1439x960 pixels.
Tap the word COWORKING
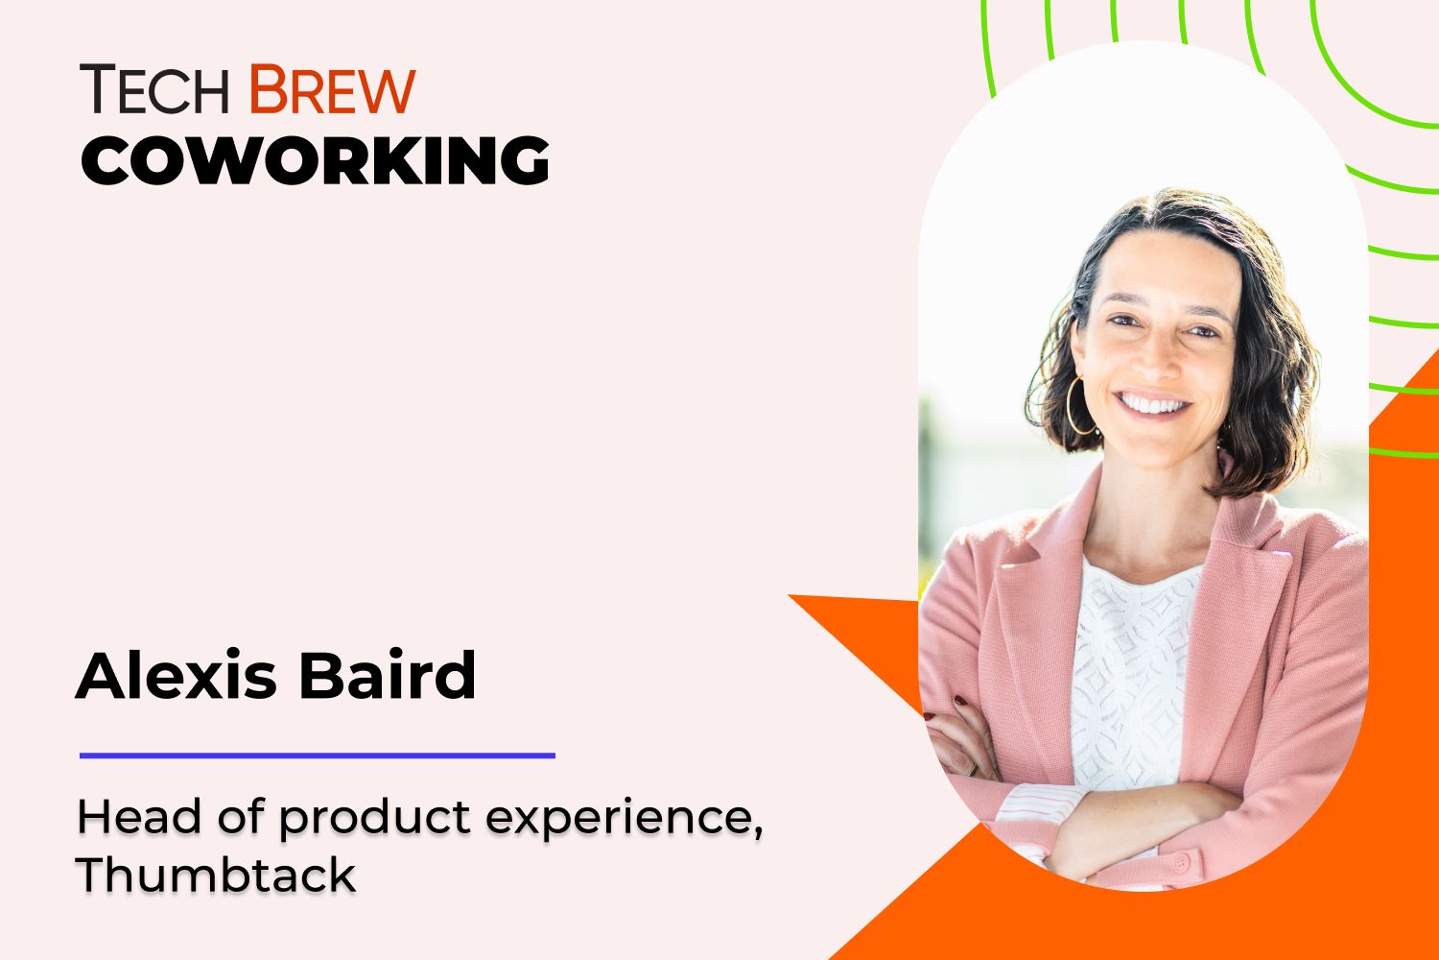coord(315,160)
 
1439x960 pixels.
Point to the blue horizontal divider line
coord(317,756)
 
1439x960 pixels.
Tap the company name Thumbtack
coord(216,875)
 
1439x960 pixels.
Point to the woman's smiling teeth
coord(1154,403)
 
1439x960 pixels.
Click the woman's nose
coord(1159,360)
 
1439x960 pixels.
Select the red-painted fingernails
coord(958,702)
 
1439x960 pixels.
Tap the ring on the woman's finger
coord(974,768)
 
